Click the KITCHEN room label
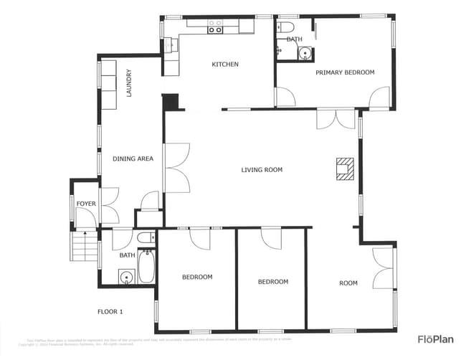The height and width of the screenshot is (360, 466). pos(224,65)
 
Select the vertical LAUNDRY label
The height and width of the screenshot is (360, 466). pos(129,83)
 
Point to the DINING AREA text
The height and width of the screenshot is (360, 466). pos(133,158)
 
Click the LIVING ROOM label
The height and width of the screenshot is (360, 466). pos(262,170)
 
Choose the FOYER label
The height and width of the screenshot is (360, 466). pos(85,204)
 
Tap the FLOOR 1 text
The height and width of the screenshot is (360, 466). pos(110,311)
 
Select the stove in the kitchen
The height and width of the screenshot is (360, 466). pos(215,27)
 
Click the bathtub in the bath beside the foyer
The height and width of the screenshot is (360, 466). pos(146,267)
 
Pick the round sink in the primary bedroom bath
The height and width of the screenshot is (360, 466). pos(305,52)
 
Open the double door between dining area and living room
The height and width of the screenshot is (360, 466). pos(176,167)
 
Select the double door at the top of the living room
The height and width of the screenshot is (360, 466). pos(336,119)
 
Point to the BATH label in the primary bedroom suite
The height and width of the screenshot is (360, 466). pos(294,39)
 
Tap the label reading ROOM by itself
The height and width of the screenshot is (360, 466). pos(348,283)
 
